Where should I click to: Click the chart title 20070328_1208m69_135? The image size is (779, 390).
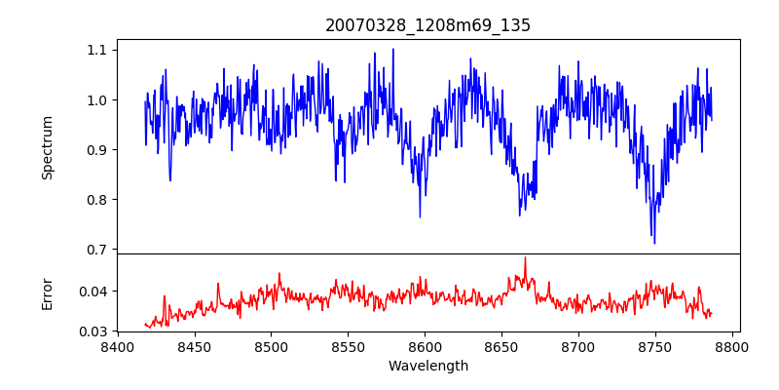pyautogui.click(x=428, y=25)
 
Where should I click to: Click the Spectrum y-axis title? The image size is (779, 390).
pyautogui.click(x=48, y=147)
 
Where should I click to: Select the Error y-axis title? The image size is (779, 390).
pyautogui.click(x=48, y=292)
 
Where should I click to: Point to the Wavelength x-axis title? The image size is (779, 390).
pyautogui.click(x=428, y=367)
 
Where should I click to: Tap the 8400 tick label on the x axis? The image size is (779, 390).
pyautogui.click(x=118, y=346)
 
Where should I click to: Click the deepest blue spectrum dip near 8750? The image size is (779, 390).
pyautogui.click(x=654, y=243)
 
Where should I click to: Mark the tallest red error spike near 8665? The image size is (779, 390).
pyautogui.click(x=525, y=258)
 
